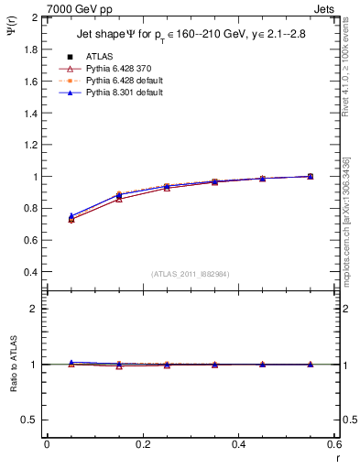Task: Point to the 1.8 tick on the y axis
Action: coord(31,49)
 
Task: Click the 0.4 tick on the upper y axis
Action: coord(31,272)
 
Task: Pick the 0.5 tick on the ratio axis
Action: coord(31,420)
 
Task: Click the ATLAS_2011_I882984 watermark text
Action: coord(190,274)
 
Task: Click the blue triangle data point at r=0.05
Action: coord(71,216)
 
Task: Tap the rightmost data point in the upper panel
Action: coord(311,176)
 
